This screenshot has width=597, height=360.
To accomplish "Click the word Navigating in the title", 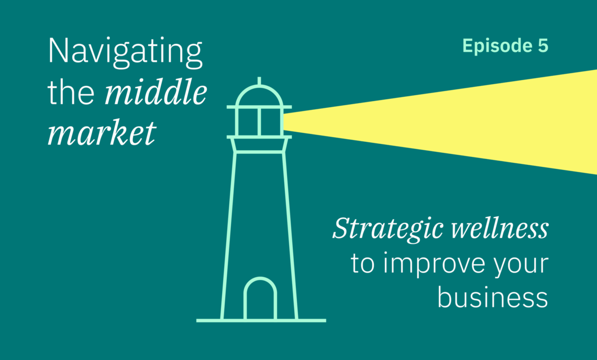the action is [x=125, y=52].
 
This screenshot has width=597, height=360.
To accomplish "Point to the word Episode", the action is [x=497, y=46].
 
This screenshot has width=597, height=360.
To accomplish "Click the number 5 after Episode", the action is [x=543, y=46].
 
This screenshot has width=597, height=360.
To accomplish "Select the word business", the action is [x=493, y=297].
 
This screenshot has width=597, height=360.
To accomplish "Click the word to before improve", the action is [x=363, y=263].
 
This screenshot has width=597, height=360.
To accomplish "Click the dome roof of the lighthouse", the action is [x=259, y=88].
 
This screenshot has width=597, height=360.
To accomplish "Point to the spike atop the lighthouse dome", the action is [x=259, y=81].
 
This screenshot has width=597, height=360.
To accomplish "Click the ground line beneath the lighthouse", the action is [x=261, y=320].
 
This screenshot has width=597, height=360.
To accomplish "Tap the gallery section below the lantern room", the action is [x=259, y=144].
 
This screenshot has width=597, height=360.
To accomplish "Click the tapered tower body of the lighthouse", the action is [x=228, y=236].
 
